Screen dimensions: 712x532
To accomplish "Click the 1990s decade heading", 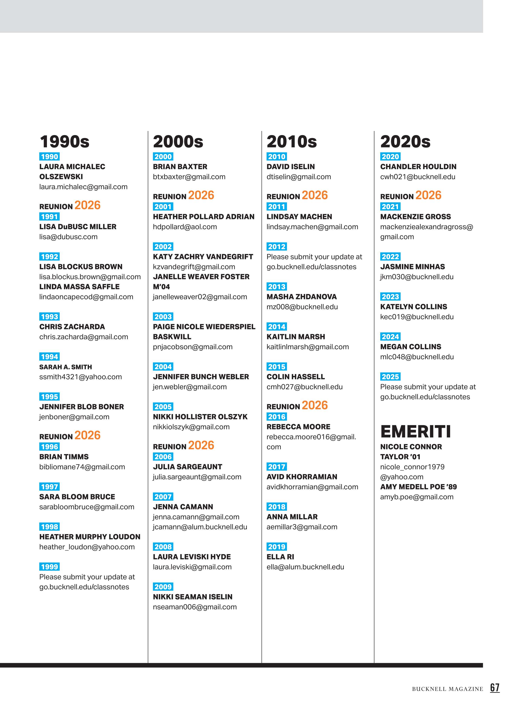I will pyautogui.click(x=64, y=142).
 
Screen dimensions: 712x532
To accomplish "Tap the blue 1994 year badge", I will pyautogui.click(x=49, y=357).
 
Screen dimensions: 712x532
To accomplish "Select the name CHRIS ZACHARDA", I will pyautogui.click(x=72, y=327).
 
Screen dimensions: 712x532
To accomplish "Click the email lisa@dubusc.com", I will pyautogui.click(x=68, y=237).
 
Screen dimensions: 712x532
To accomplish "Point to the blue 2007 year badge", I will pyautogui.click(x=163, y=497).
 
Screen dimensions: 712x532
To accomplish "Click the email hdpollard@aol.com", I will pyautogui.click(x=185, y=227).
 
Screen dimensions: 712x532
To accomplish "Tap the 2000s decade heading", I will pyautogui.click(x=178, y=142).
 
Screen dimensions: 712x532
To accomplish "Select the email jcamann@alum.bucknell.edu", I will pyautogui.click(x=200, y=527).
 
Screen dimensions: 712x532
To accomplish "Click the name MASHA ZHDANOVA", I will pyautogui.click(x=301, y=297).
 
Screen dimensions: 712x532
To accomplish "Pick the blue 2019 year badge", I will pyautogui.click(x=276, y=547).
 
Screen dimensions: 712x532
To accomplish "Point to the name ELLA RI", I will pyautogui.click(x=280, y=557).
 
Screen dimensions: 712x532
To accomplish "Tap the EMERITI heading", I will pyautogui.click(x=415, y=432).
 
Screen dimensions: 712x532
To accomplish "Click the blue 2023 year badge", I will pyautogui.click(x=390, y=297).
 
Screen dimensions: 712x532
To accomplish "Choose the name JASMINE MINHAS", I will pyautogui.click(x=412, y=267).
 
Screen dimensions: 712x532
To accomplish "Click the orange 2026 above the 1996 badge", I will pyautogui.click(x=88, y=435).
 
